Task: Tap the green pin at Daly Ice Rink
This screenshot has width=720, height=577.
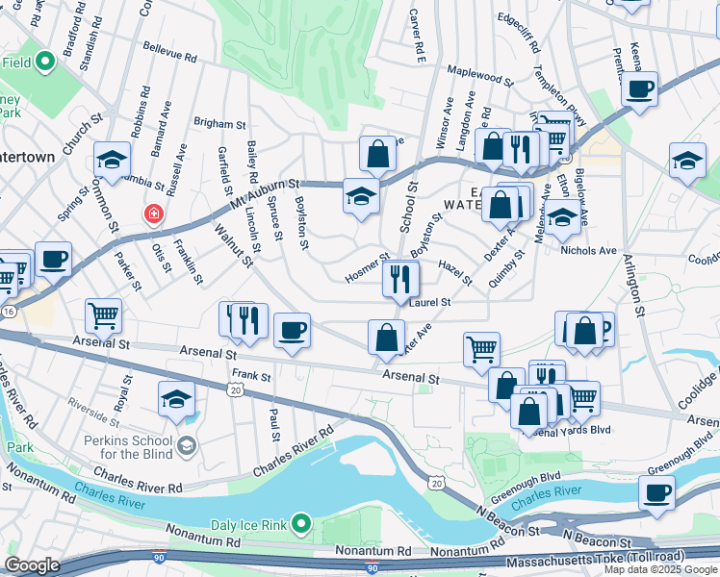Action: (302, 524)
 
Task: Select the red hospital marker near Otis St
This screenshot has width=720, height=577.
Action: (152, 213)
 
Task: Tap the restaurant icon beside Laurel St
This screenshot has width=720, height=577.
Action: (399, 279)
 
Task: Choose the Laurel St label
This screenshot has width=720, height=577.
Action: (429, 302)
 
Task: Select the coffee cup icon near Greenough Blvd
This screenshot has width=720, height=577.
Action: (657, 492)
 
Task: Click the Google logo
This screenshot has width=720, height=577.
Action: (32, 565)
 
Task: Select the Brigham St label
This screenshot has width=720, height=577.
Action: (219, 124)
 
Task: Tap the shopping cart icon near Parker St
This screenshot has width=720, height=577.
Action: (102, 314)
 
